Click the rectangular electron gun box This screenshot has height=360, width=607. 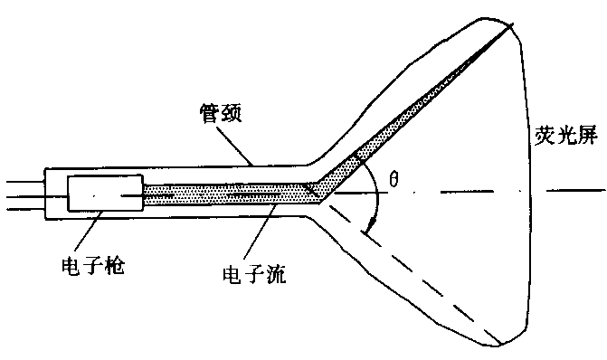[105, 192]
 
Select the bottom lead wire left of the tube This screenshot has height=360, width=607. [24, 210]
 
